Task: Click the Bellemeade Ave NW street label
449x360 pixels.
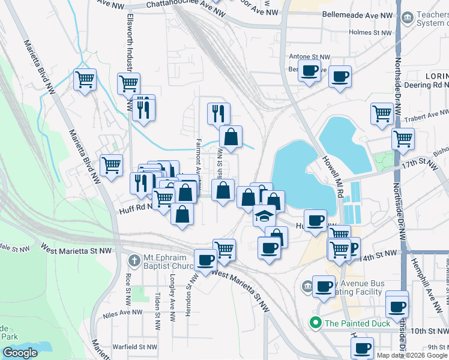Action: pos(357,13)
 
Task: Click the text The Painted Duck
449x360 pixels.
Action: pos(357,323)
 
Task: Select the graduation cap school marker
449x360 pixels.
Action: pos(264,215)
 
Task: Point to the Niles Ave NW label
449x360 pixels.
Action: pos(122,312)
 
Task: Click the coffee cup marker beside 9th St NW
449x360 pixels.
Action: pos(362,347)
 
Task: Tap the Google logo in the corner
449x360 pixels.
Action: pos(20,353)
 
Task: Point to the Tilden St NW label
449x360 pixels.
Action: pos(157,305)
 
